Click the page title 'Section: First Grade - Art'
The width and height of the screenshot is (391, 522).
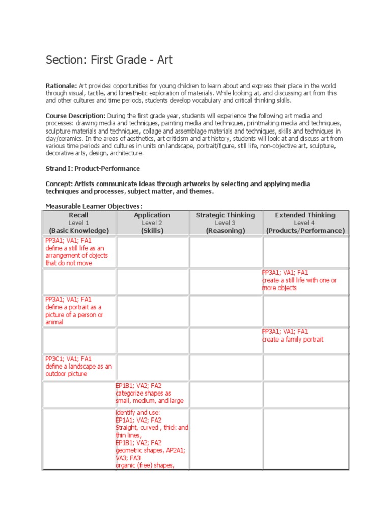(x=109, y=60)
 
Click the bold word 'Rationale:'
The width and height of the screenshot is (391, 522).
(x=61, y=86)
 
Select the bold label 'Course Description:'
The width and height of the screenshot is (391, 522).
(x=75, y=116)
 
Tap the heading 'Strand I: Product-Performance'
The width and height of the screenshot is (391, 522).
(x=93, y=168)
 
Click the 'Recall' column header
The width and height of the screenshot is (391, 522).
(x=79, y=215)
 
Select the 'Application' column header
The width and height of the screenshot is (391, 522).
(x=152, y=215)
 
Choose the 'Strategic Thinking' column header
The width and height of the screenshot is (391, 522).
(x=225, y=215)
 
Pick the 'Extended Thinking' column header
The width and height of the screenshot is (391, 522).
(x=305, y=215)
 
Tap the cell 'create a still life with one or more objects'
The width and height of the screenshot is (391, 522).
(x=299, y=280)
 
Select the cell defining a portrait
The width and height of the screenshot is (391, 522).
(x=74, y=311)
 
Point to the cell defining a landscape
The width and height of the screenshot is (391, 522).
(x=78, y=367)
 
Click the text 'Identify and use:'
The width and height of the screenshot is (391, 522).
(x=138, y=412)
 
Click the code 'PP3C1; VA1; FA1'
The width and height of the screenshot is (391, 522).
(x=68, y=359)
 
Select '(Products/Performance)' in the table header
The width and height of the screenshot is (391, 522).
(x=305, y=231)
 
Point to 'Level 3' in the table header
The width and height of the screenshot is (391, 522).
(x=225, y=223)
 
